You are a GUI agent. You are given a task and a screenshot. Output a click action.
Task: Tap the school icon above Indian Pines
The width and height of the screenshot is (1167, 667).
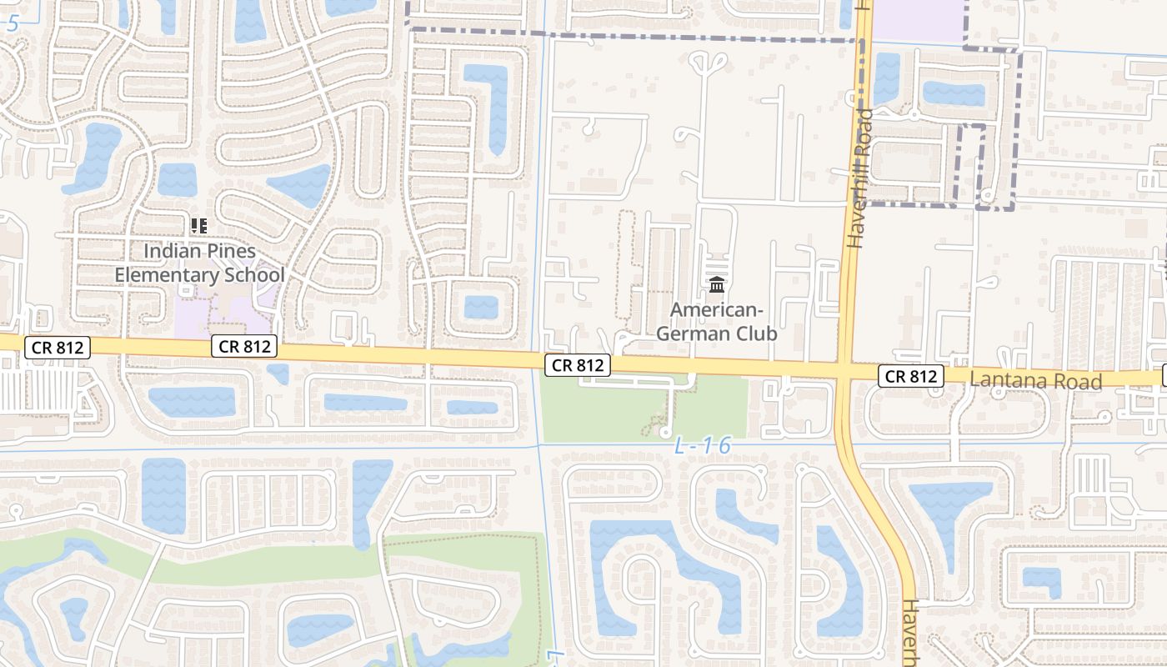point(198,225)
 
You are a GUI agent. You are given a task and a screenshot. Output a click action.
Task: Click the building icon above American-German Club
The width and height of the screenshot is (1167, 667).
point(716,285)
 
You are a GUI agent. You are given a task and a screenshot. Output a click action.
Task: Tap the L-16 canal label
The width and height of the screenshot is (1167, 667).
point(702,446)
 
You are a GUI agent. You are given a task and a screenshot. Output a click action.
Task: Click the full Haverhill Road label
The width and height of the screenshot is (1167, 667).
point(860,178)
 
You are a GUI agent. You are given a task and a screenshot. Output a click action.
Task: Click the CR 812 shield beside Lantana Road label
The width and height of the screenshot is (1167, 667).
point(910,377)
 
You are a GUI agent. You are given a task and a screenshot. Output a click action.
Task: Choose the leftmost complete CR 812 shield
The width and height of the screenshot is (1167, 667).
point(57,347)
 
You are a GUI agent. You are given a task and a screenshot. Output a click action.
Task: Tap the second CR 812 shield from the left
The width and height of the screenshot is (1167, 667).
point(243,346)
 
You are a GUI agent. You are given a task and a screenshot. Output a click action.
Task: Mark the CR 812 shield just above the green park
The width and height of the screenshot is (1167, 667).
point(578,365)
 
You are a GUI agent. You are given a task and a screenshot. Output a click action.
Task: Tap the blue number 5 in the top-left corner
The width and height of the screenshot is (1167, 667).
point(12,23)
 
